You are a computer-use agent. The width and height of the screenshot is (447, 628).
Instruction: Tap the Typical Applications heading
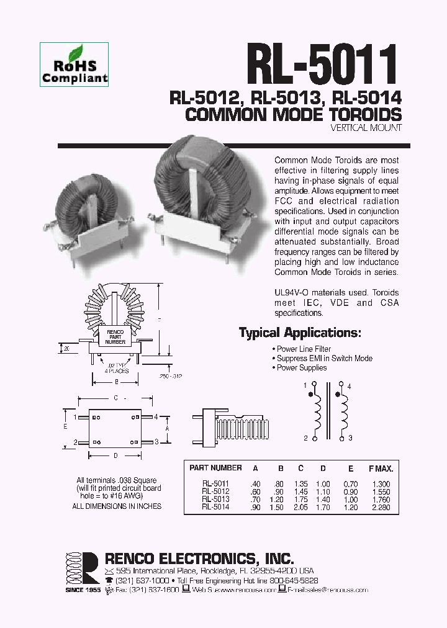click(x=300, y=333)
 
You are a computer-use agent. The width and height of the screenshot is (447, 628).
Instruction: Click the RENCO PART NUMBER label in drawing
click(x=115, y=336)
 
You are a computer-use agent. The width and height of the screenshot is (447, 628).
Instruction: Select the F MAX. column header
click(x=381, y=468)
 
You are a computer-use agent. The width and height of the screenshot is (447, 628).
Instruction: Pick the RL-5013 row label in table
click(x=215, y=498)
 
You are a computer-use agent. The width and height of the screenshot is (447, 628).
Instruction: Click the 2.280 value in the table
click(x=381, y=506)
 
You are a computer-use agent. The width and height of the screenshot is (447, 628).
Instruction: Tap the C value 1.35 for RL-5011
click(x=300, y=482)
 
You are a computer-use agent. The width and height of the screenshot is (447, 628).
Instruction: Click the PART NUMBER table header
click(x=215, y=468)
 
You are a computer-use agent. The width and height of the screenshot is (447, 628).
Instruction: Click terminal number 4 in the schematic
click(x=350, y=386)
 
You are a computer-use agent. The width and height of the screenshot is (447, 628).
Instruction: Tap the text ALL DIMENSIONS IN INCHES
click(x=117, y=506)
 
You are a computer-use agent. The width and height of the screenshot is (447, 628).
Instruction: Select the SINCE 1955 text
click(x=83, y=590)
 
